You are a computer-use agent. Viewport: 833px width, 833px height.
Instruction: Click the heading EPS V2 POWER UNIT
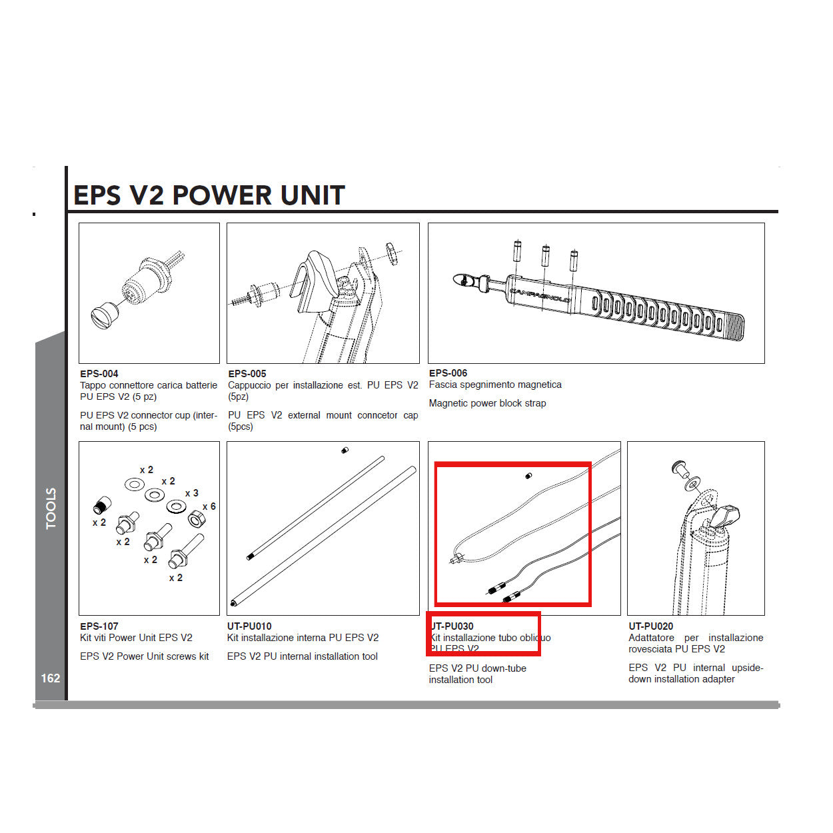(x=209, y=195)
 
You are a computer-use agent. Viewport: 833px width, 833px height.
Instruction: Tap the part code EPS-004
(x=99, y=374)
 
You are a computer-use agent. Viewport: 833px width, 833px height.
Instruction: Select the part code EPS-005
(x=247, y=374)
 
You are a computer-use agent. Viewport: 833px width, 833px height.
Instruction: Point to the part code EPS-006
(x=448, y=373)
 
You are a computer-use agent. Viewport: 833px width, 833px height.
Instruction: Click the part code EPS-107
(x=99, y=626)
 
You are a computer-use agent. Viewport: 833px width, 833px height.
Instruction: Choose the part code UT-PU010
(x=249, y=626)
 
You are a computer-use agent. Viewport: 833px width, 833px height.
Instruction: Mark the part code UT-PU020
(x=650, y=626)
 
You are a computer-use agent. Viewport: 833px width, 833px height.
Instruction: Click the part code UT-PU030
(x=452, y=626)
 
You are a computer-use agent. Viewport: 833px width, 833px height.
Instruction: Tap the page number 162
(x=51, y=678)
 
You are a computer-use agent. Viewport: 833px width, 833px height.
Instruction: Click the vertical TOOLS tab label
(x=51, y=508)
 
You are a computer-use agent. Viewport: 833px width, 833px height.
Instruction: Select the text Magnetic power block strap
(x=487, y=403)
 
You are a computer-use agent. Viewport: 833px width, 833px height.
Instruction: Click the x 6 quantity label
(x=209, y=506)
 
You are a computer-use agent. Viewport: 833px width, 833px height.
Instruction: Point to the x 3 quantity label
(x=192, y=493)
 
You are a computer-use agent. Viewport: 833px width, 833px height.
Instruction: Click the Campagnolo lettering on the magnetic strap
(x=540, y=295)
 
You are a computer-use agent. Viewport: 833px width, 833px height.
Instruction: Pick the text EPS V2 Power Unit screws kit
(x=144, y=656)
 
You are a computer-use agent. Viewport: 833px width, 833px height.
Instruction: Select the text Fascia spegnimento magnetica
(x=495, y=385)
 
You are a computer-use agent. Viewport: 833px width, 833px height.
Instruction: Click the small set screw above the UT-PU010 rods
(x=345, y=451)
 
